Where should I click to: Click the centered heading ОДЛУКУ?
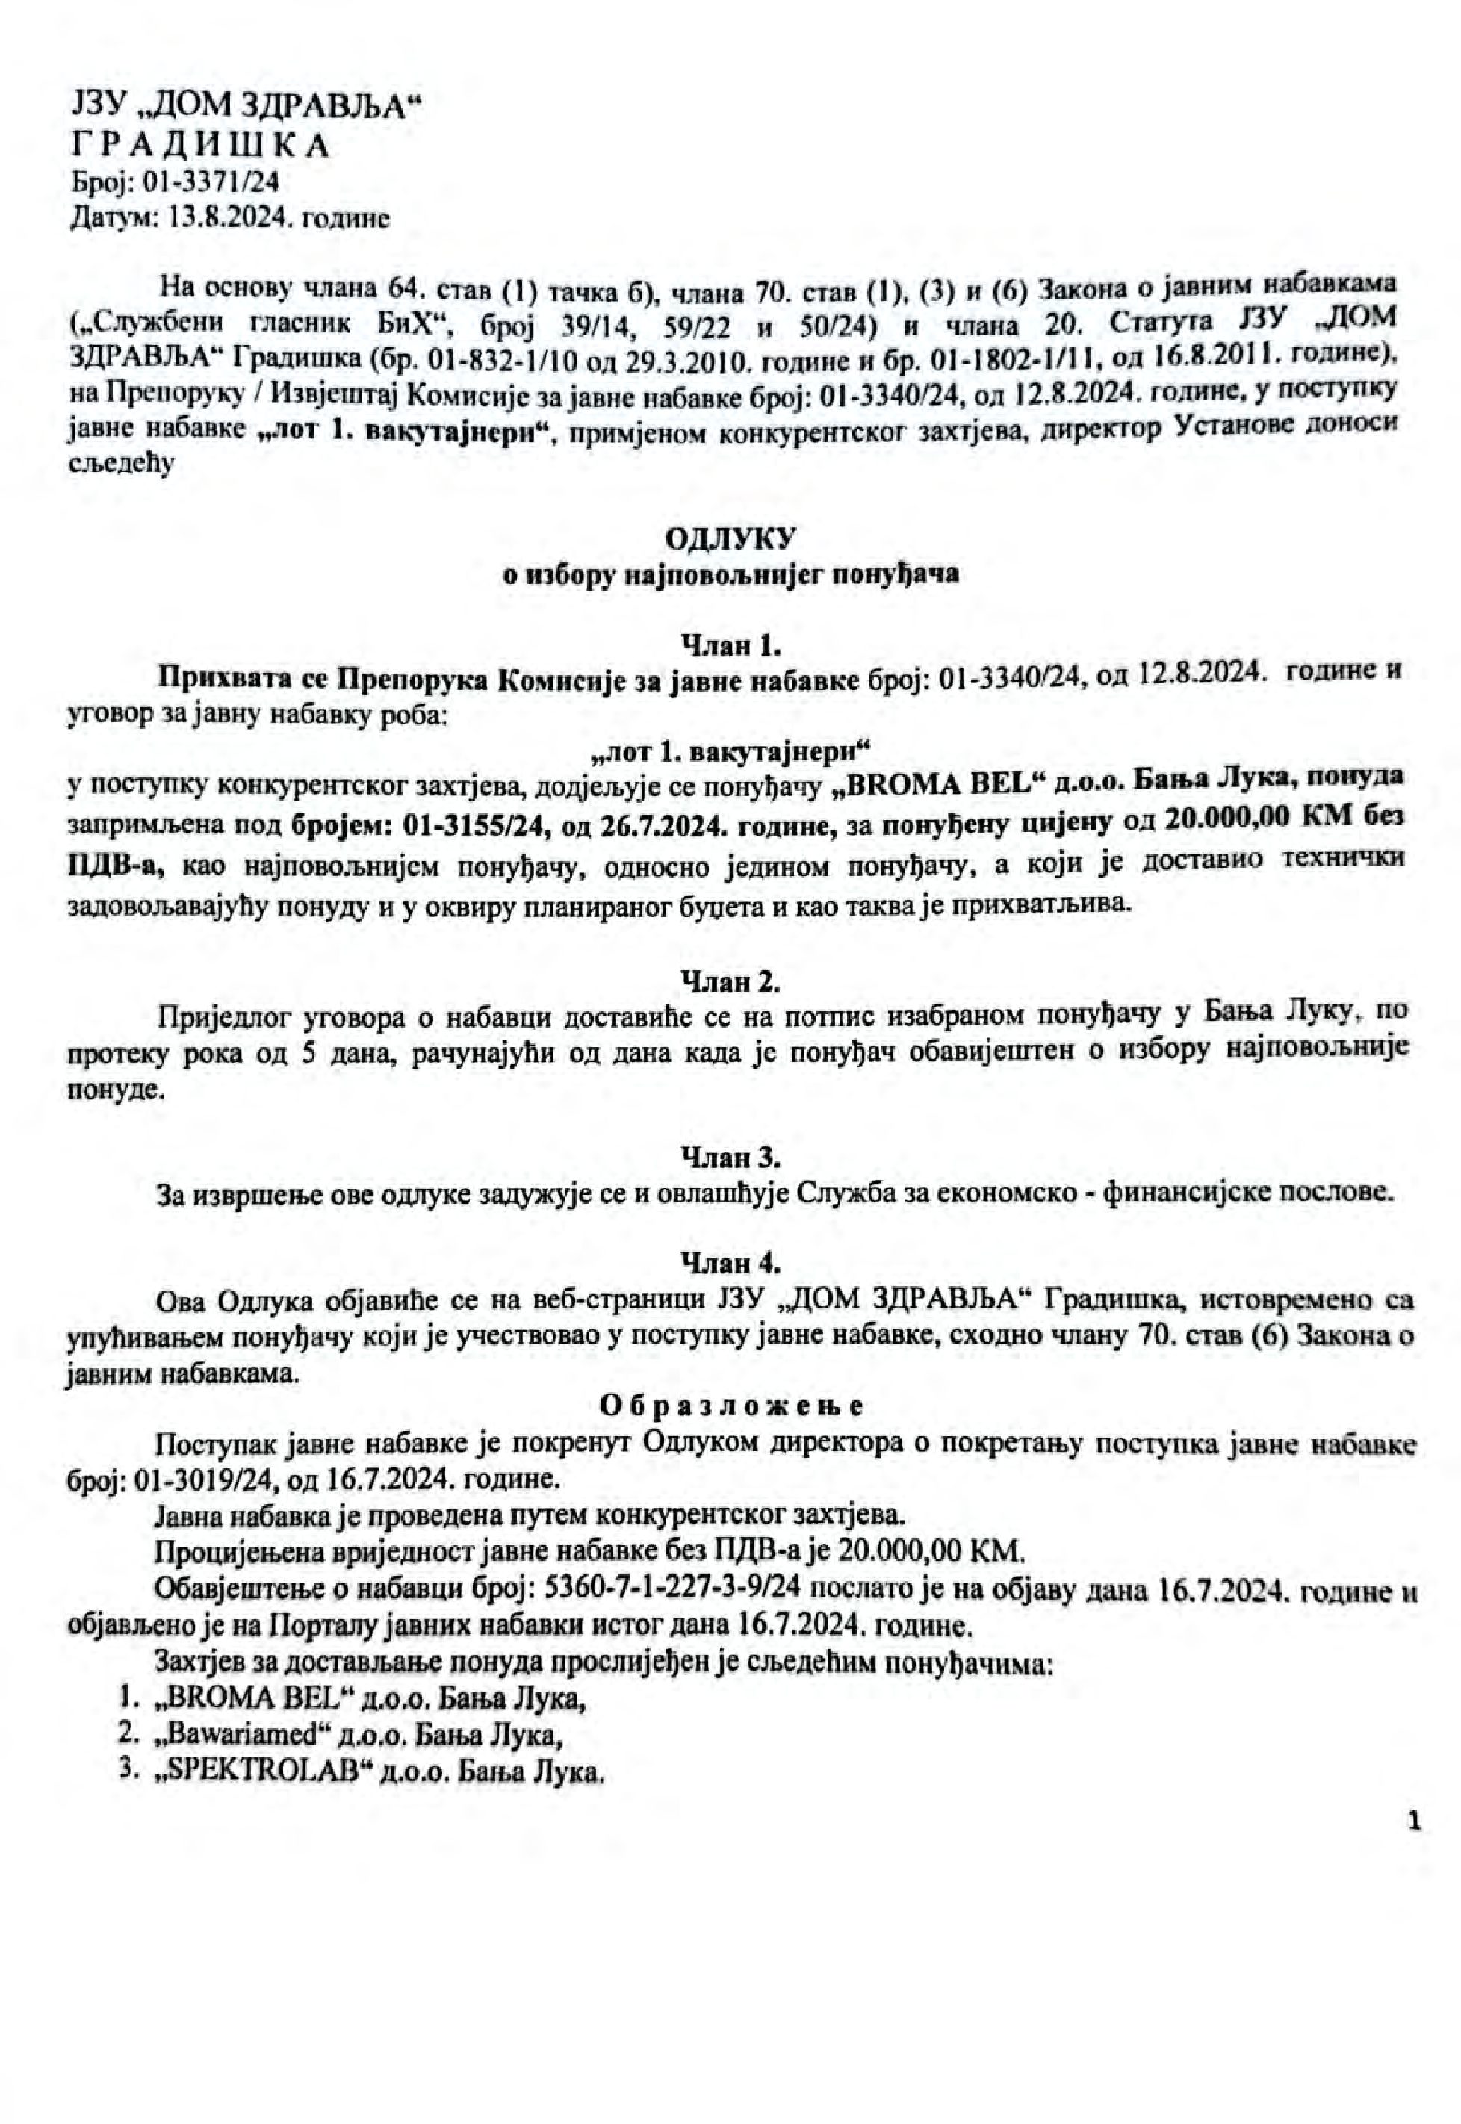pyautogui.click(x=730, y=536)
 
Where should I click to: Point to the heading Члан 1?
pyautogui.click(x=730, y=646)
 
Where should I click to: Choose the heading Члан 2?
pyautogui.click(x=730, y=982)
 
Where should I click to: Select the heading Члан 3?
pyautogui.click(x=730, y=1158)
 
